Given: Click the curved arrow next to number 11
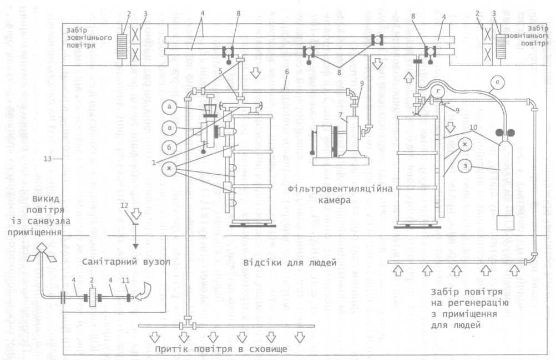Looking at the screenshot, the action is coord(146,291).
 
